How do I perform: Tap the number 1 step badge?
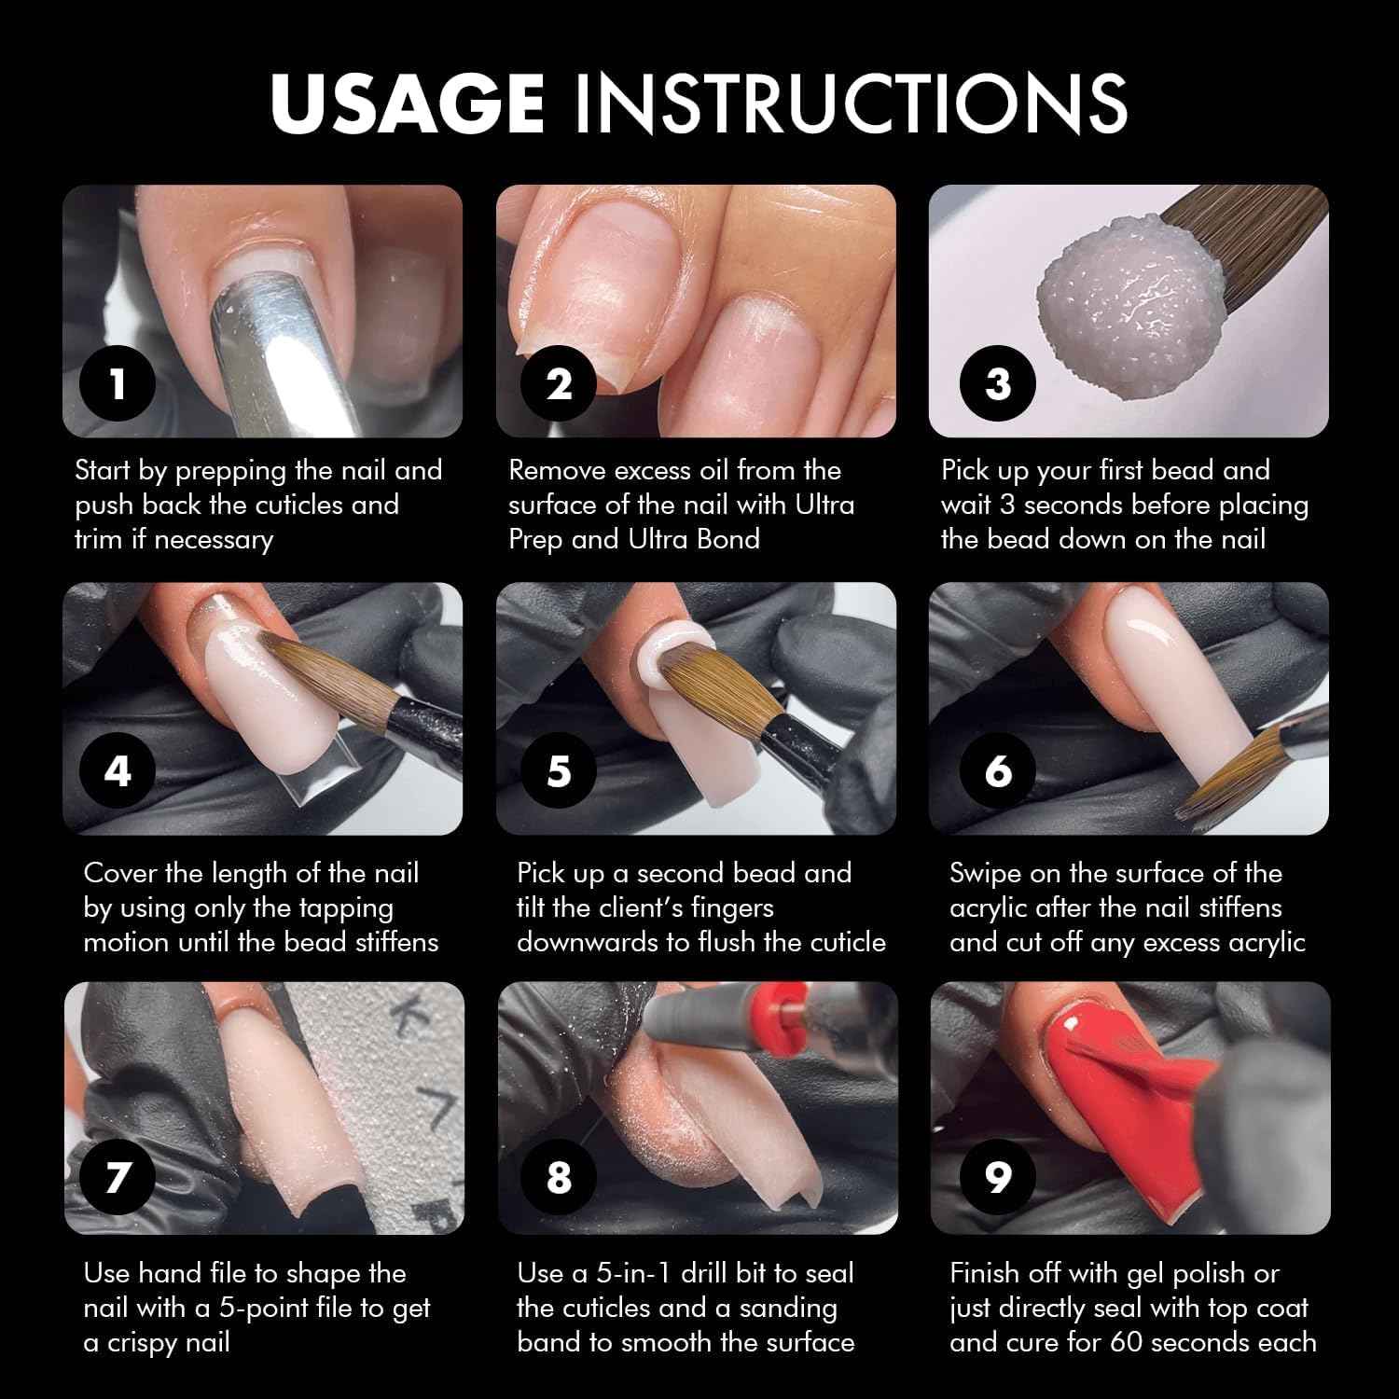click(x=118, y=383)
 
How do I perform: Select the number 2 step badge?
click(x=559, y=383)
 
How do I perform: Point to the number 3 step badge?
click(x=998, y=383)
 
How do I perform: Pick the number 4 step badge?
click(x=118, y=771)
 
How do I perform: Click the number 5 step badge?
click(x=559, y=771)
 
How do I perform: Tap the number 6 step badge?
click(x=998, y=771)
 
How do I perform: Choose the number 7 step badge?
click(x=118, y=1176)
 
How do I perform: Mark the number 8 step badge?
click(x=559, y=1176)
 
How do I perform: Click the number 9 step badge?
click(x=998, y=1176)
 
